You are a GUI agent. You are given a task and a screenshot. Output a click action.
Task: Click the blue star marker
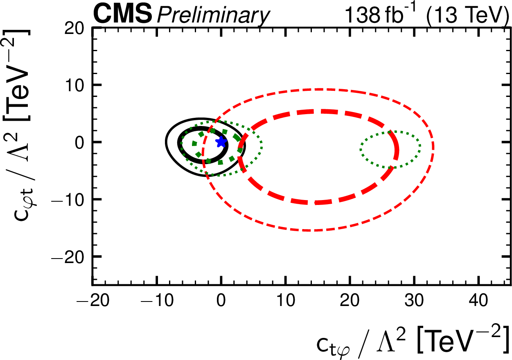pyautogui.click(x=221, y=142)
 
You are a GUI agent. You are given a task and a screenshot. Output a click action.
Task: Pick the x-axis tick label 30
pyautogui.click(x=413, y=303)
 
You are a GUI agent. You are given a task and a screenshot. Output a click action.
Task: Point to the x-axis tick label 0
pyautogui.click(x=221, y=303)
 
